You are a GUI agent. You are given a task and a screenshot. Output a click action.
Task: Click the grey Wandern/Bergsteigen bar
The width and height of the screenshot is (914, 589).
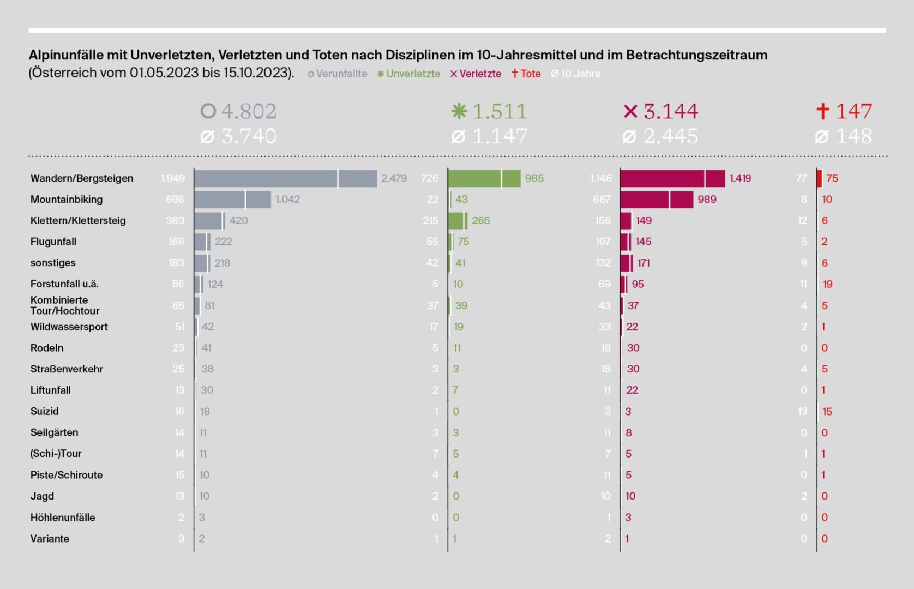point(285,178)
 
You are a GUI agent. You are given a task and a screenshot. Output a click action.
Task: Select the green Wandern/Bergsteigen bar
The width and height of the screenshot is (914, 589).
point(484,178)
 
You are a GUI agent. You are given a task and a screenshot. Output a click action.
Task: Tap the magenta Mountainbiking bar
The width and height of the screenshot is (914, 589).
point(656,200)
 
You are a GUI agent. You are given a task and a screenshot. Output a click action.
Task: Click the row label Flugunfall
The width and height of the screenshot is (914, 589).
point(53,242)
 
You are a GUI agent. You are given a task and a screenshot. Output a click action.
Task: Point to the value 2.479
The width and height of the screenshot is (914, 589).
point(394,178)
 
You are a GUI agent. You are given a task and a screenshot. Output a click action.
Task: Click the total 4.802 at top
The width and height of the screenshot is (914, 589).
point(249,111)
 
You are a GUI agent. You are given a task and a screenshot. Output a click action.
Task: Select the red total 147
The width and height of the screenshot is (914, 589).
point(853,111)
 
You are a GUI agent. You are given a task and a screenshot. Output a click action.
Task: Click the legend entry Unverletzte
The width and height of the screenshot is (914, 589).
point(413,74)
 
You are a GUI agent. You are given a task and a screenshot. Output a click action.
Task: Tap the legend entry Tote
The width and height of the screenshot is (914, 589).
point(530,74)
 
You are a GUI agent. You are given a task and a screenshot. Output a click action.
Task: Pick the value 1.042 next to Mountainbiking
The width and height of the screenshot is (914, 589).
point(287,200)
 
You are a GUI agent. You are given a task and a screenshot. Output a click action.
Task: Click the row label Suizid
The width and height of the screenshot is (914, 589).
point(45,411)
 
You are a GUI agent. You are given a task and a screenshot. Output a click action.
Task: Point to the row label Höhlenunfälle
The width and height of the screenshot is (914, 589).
point(63,517)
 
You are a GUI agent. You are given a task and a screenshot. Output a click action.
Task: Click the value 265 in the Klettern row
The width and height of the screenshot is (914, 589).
point(480,220)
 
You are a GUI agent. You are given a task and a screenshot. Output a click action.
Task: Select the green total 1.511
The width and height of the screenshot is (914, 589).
point(499,111)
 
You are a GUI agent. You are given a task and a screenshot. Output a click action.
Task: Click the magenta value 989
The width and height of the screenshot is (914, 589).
point(707,200)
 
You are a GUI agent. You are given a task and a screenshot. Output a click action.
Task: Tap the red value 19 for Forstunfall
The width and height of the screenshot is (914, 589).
point(827,284)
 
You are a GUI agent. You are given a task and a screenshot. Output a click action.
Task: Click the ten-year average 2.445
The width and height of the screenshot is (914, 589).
point(670,136)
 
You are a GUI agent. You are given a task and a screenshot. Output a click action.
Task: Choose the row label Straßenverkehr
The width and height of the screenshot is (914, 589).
point(67,369)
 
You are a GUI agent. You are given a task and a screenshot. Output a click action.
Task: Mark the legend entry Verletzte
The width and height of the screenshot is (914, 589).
point(480,74)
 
